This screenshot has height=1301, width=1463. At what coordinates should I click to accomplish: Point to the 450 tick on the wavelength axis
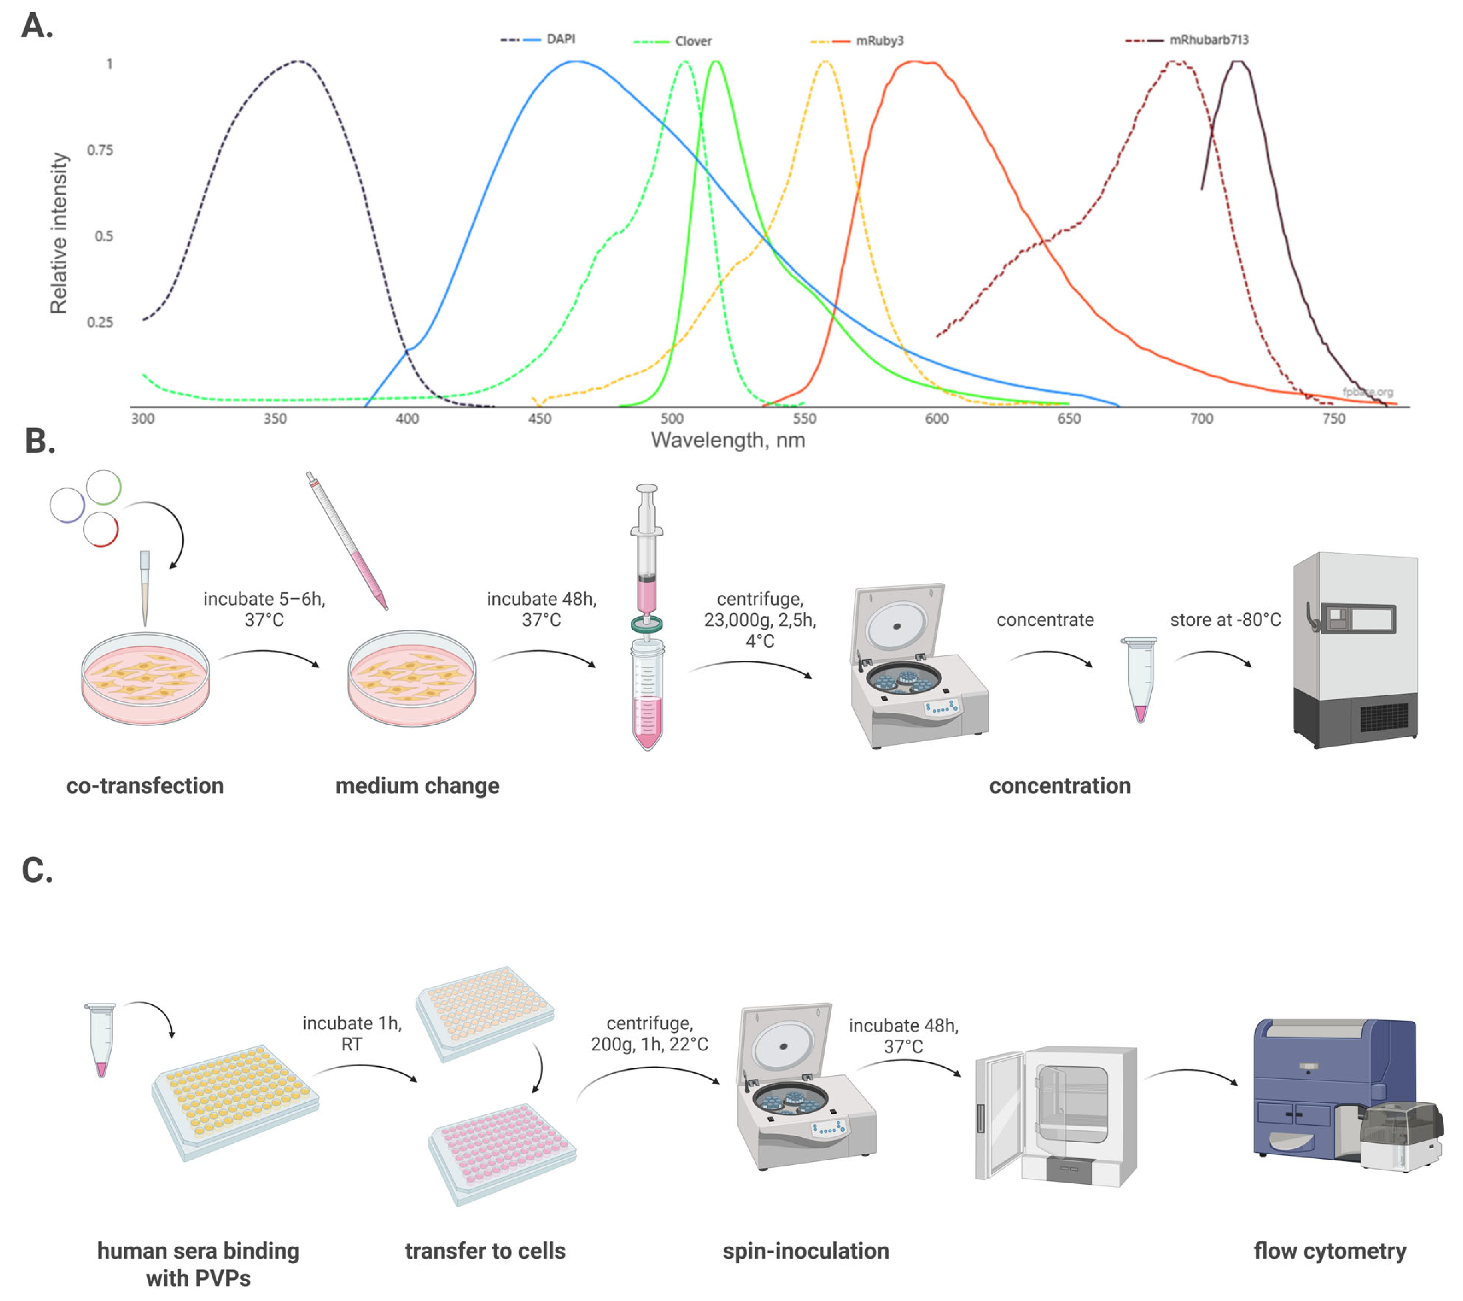(x=540, y=419)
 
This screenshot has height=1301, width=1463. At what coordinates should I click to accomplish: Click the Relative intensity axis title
(x=59, y=233)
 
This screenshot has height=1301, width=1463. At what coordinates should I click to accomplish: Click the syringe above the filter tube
(x=646, y=551)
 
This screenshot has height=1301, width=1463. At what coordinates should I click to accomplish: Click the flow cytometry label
(x=1329, y=1251)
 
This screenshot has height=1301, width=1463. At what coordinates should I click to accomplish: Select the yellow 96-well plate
(x=235, y=1100)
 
